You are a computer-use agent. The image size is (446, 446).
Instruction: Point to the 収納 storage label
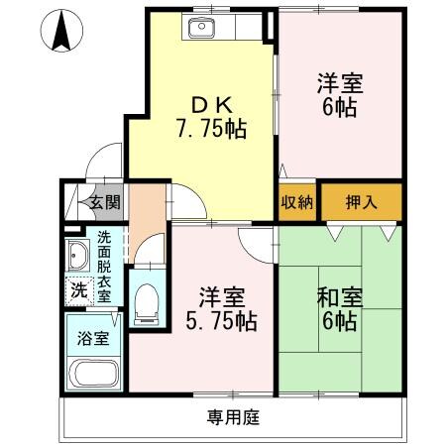click(297, 202)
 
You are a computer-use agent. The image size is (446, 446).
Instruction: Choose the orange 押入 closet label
click(362, 202)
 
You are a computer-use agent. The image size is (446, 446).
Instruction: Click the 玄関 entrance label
click(103, 203)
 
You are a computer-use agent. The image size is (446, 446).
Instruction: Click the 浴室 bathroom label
click(92, 334)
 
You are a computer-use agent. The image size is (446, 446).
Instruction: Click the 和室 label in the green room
click(340, 296)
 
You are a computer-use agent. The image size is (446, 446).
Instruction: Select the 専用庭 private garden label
click(233, 416)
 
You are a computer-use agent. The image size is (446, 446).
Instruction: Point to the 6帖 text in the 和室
click(340, 321)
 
